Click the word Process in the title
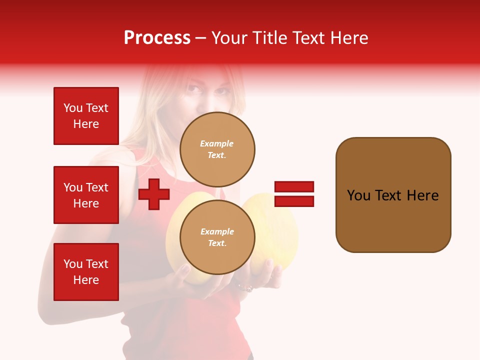[x=157, y=38]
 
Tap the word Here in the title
[x=348, y=38]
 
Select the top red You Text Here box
[x=86, y=116]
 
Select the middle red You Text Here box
[x=86, y=195]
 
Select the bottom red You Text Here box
[x=86, y=272]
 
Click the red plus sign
[x=154, y=194]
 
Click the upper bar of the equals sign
[x=294, y=187]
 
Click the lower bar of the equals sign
[x=294, y=201]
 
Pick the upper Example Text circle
[x=217, y=149]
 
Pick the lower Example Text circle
[x=217, y=237]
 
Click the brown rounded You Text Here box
[x=393, y=195]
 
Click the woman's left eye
[x=221, y=91]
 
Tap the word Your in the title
[x=230, y=38]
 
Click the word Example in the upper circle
[x=217, y=143]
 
